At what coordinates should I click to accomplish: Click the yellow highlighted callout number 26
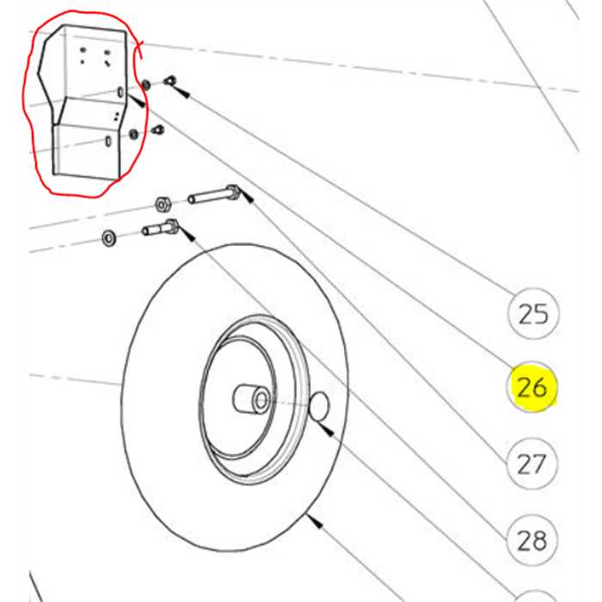pos(531,387)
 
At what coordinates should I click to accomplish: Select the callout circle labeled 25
pos(533,313)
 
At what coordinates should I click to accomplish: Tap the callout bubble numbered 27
pos(531,464)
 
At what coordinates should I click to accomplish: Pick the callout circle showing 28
pos(531,540)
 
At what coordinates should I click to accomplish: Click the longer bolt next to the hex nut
pos(212,195)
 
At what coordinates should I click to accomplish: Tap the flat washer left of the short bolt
pos(109,236)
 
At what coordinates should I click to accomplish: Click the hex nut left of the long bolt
pos(160,205)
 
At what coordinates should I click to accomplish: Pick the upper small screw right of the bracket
pos(169,81)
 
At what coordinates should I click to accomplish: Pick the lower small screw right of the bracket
pos(157,131)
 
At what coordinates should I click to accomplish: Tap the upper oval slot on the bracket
pos(120,93)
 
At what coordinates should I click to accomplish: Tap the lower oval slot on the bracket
pos(107,140)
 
